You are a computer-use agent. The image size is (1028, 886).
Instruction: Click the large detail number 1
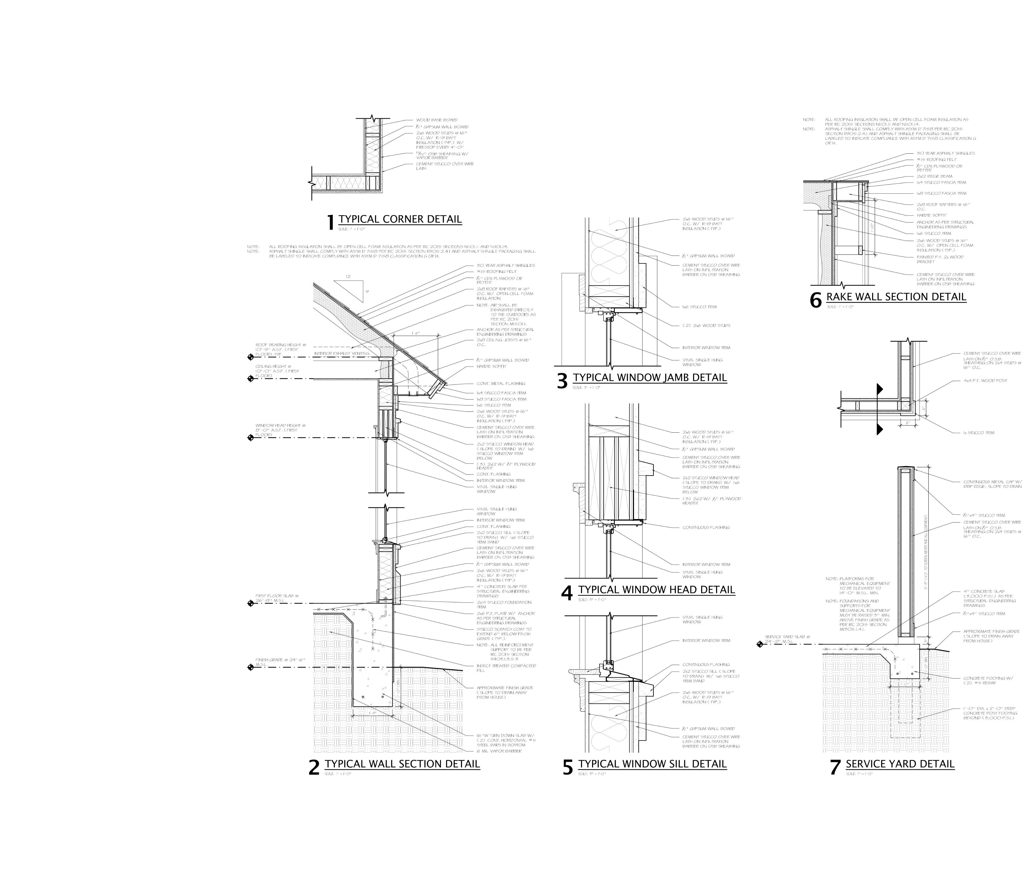pos(331,222)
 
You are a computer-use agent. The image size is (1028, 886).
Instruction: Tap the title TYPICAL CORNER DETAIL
pos(400,219)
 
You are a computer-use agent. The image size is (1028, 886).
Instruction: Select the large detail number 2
pos(313,767)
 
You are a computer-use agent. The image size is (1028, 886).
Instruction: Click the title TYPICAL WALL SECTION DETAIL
pos(402,763)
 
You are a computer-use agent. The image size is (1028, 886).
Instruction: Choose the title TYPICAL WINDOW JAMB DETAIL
pos(650,377)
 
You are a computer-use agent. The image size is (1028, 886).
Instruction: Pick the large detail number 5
pos(567,767)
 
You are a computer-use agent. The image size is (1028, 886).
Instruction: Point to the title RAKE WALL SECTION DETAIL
pos(896,297)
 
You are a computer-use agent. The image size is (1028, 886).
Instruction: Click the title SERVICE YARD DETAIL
pos(900,763)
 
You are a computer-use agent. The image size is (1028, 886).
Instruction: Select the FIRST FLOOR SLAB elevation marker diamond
pos(250,603)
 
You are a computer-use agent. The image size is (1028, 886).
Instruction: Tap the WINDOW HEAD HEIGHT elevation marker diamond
pos(250,437)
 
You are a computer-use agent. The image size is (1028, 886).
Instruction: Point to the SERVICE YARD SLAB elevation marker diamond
pos(760,644)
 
